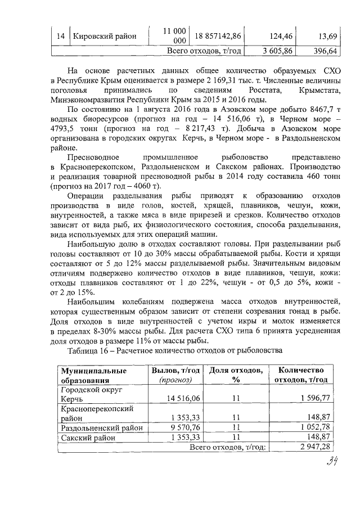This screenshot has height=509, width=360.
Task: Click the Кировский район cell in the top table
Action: coord(105,37)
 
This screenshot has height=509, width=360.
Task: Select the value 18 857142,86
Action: coord(218,37)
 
